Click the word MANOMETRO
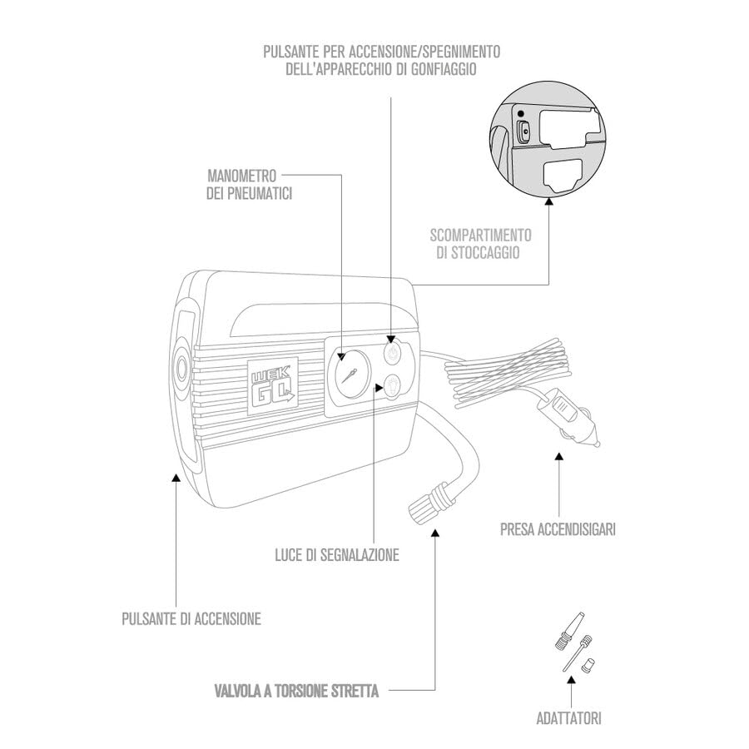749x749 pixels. tap(241, 176)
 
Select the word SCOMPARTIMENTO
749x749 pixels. tap(480, 235)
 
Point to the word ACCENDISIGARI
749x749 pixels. tap(577, 529)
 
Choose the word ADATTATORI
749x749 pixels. tap(569, 718)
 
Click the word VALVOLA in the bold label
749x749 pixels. tap(237, 691)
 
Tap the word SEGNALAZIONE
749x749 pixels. tap(360, 554)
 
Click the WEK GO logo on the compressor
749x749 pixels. tap(273, 383)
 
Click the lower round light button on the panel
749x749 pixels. tap(392, 385)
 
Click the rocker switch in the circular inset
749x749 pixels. tap(524, 131)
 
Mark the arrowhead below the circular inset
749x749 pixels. tap(549, 202)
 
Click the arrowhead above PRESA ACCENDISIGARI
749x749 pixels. tap(559, 457)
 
